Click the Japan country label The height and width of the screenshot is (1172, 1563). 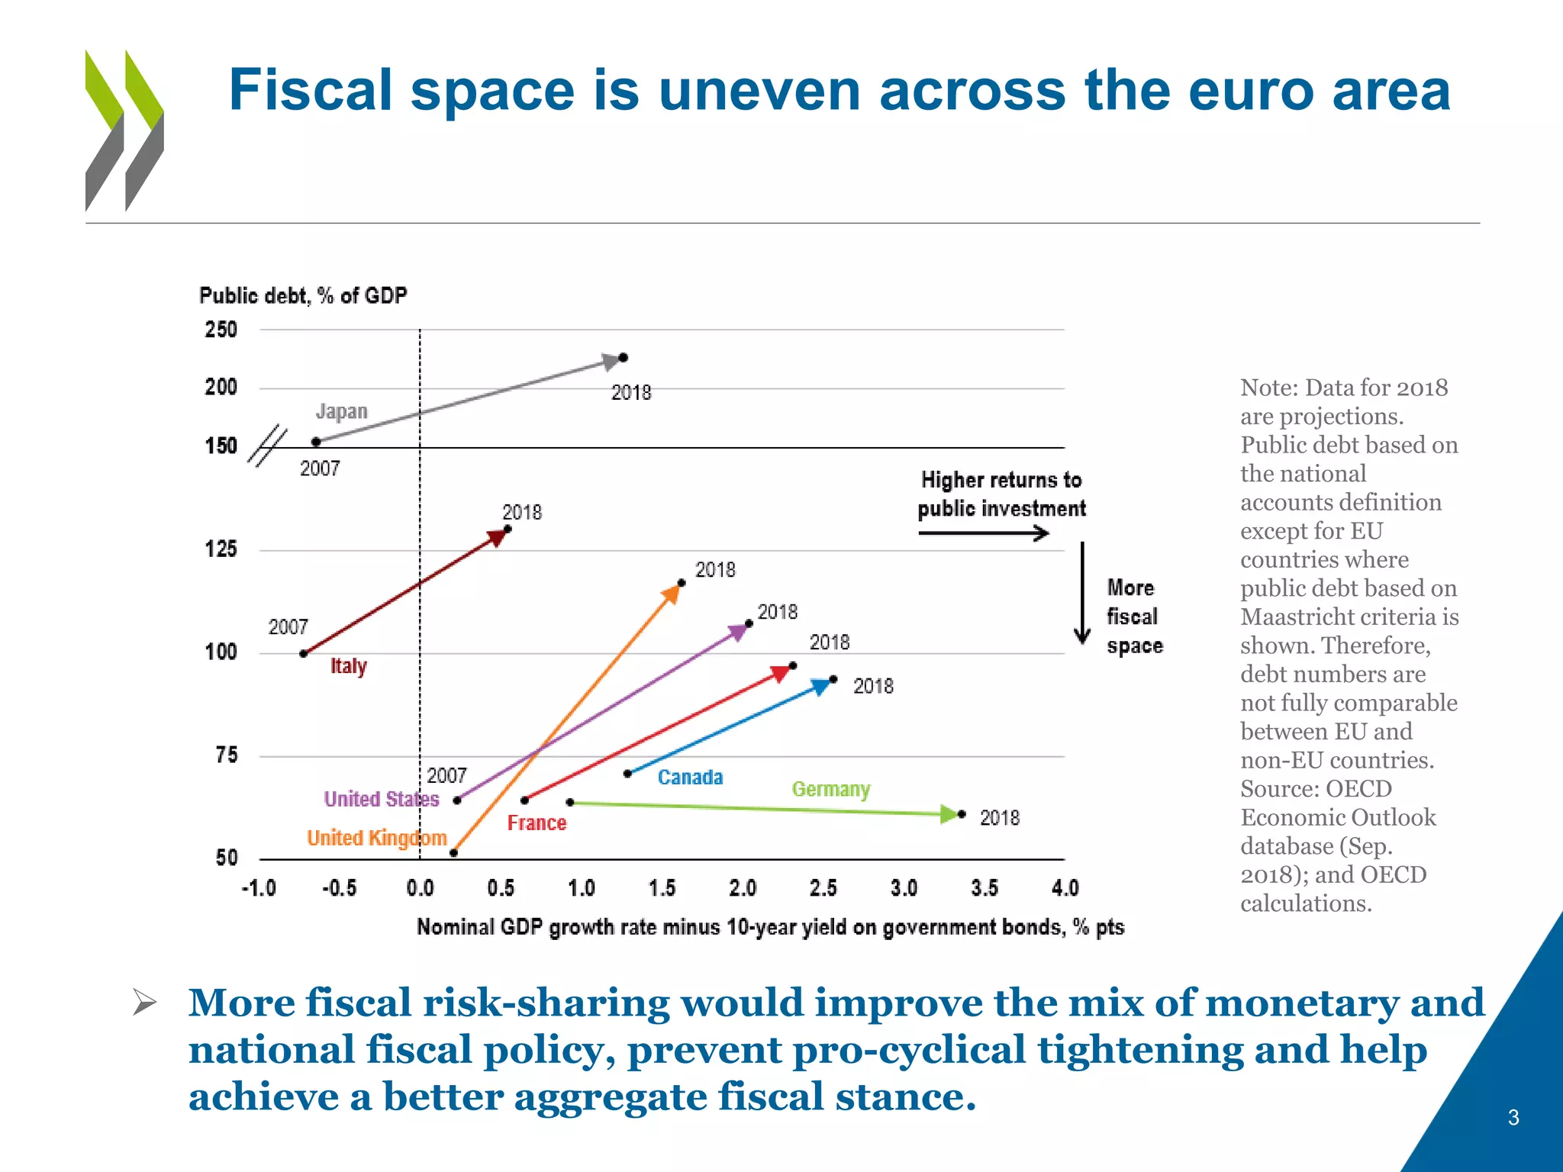point(341,411)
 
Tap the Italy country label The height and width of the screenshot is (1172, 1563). point(348,666)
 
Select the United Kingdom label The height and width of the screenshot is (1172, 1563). point(376,838)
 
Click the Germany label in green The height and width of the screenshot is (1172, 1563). point(830,789)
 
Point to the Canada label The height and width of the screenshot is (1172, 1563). point(690,778)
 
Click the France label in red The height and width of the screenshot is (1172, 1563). point(537,823)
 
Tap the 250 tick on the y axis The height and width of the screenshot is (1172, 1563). point(221,330)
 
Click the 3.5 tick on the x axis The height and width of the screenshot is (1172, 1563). point(984,888)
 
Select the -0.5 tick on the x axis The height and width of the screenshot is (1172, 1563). point(339,888)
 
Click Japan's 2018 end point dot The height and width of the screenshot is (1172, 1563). point(623,357)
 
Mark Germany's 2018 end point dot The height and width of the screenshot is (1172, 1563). point(962,814)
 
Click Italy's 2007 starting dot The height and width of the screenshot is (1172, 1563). point(303,653)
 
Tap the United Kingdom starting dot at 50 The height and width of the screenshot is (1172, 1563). point(453,852)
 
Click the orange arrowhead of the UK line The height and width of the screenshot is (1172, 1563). point(671,594)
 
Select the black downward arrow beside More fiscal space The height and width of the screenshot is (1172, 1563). point(1081,595)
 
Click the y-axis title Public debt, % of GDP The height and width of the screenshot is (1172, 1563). point(303,295)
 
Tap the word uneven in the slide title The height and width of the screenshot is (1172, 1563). point(759,90)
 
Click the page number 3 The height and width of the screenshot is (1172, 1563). point(1513,1118)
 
